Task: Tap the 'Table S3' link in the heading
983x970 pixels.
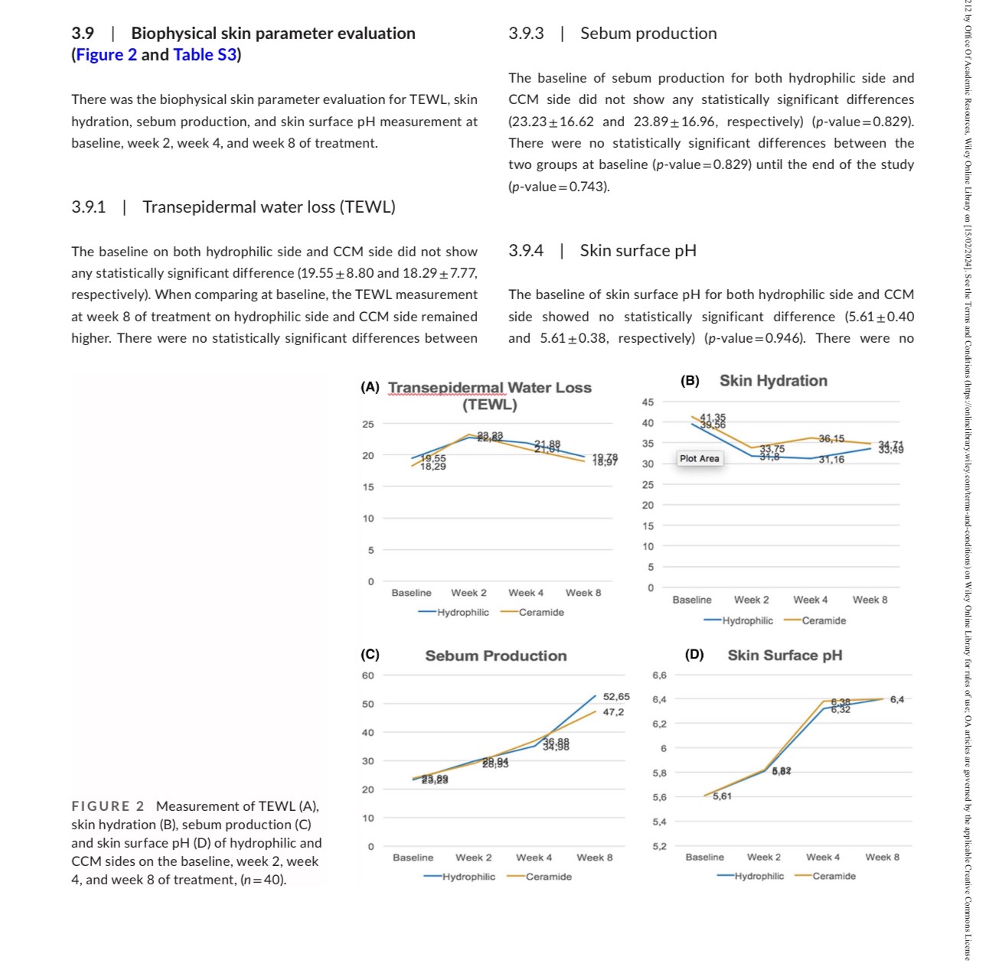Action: (204, 55)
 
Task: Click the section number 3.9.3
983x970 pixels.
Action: (526, 34)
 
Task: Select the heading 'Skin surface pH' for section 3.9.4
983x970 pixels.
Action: (638, 251)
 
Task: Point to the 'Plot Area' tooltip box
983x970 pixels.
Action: (699, 459)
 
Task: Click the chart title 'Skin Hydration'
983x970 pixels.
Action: (773, 381)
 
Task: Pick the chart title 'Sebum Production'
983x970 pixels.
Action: (496, 656)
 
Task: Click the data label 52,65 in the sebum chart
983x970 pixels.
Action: (616, 697)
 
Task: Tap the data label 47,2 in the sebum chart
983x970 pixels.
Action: (613, 712)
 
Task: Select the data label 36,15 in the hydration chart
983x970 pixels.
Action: (831, 439)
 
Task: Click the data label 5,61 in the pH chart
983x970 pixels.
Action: (722, 796)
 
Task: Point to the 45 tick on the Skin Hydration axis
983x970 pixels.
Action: (648, 402)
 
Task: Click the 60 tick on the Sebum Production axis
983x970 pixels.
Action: (368, 675)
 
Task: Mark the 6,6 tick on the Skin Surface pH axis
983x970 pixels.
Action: (659, 675)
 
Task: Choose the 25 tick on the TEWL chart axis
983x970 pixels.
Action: (368, 425)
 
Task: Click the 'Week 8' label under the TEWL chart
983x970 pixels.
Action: (583, 593)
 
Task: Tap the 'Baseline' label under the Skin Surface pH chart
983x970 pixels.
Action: (704, 858)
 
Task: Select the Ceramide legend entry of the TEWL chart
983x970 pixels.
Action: (540, 613)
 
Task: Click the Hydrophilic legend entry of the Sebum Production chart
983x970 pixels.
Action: (468, 877)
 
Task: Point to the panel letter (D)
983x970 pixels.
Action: (694, 655)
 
